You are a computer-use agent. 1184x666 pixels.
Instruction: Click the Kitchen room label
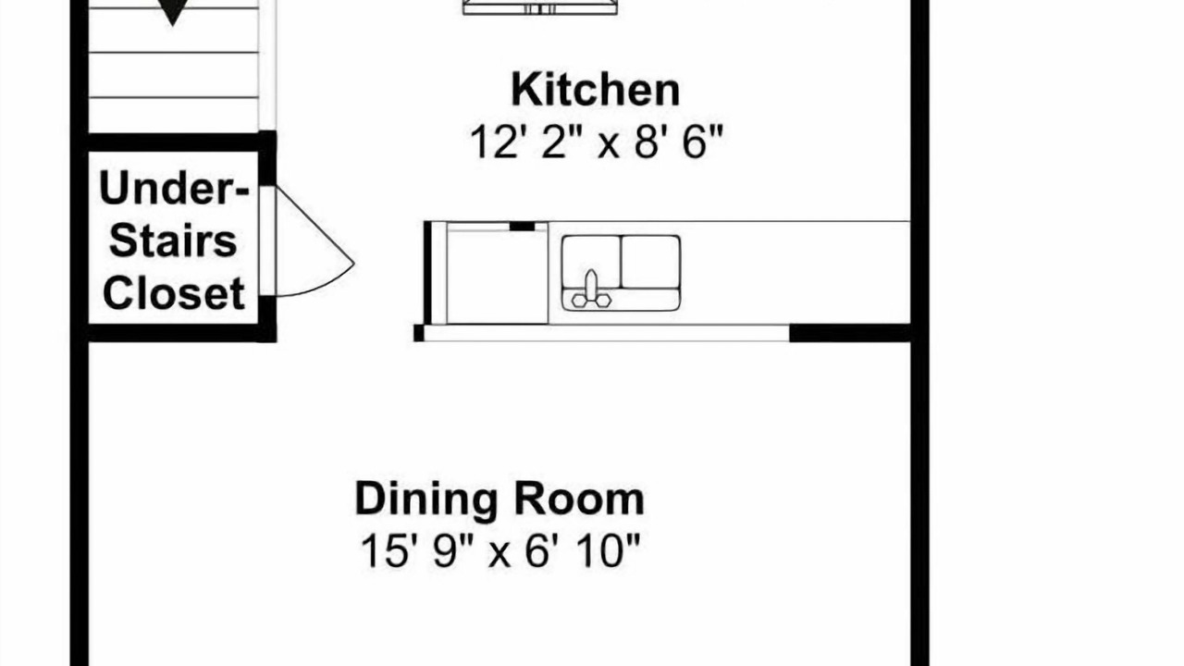(595, 90)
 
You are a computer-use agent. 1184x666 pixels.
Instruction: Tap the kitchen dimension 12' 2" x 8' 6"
(596, 142)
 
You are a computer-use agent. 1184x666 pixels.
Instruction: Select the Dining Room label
(499, 499)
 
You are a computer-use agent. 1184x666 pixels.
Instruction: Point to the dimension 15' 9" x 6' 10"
(500, 550)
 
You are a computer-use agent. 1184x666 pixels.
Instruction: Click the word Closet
(173, 293)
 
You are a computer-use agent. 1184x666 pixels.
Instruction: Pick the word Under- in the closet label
(173, 188)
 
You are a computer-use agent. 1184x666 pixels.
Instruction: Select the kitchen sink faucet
(591, 290)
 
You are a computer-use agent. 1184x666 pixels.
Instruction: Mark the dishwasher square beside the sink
(497, 276)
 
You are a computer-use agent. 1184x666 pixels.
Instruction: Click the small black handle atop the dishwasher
(523, 227)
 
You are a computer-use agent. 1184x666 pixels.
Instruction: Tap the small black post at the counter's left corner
(419, 334)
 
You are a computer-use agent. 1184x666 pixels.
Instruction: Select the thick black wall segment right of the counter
(850, 334)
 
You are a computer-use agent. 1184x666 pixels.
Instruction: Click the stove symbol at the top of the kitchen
(539, 6)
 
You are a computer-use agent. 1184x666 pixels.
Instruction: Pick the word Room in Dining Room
(580, 499)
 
